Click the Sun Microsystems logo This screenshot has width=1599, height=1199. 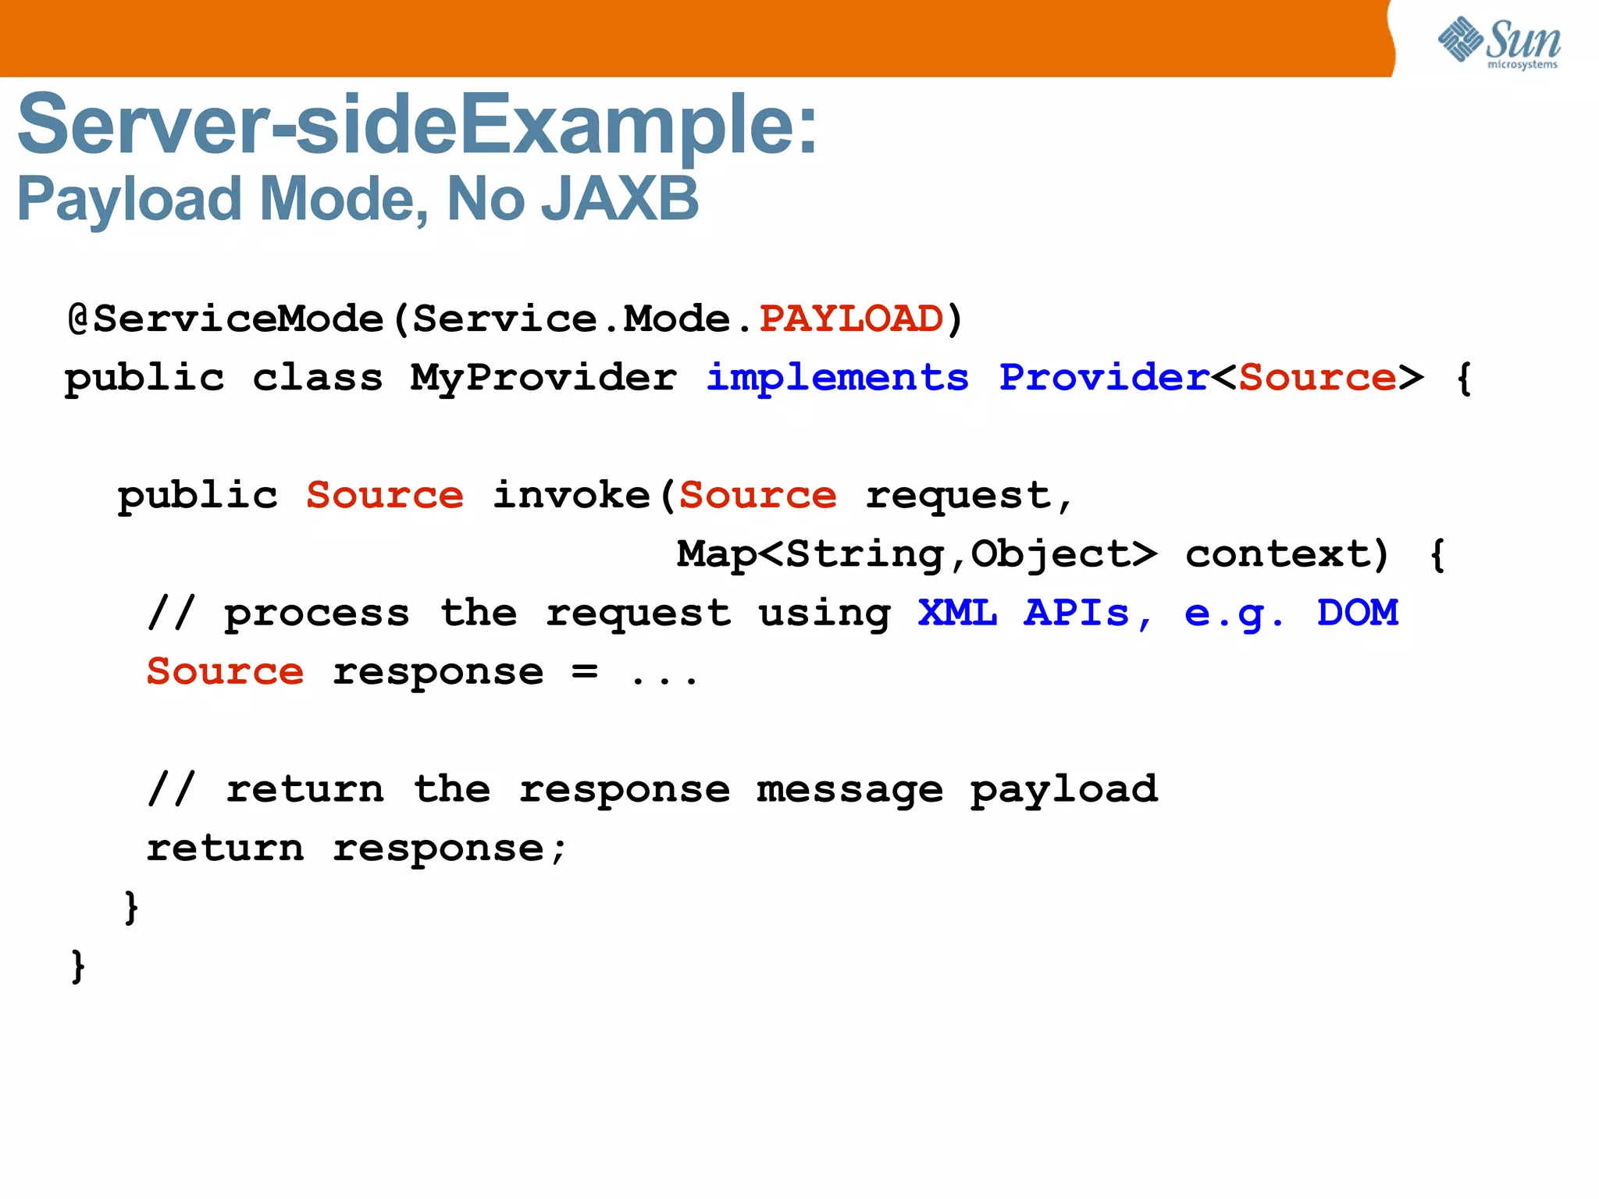(1499, 42)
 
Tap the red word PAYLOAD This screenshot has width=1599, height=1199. (851, 318)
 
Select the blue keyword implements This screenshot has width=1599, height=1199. (837, 379)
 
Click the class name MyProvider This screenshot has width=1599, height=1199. (543, 379)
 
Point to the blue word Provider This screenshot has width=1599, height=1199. (1104, 378)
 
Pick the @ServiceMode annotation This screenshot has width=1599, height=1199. (226, 318)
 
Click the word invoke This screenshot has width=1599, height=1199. (572, 496)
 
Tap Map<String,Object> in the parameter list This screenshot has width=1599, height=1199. (917, 554)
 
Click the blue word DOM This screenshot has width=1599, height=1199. (1357, 613)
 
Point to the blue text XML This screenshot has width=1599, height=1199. (957, 613)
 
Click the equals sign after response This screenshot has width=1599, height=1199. (585, 671)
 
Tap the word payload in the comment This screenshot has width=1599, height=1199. (1063, 790)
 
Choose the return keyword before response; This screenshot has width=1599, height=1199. (226, 849)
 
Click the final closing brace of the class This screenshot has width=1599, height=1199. (77, 966)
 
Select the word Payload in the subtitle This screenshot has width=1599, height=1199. (130, 200)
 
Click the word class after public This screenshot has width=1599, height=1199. (318, 379)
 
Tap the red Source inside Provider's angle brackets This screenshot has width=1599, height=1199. (1317, 378)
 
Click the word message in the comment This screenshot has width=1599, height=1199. (849, 790)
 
